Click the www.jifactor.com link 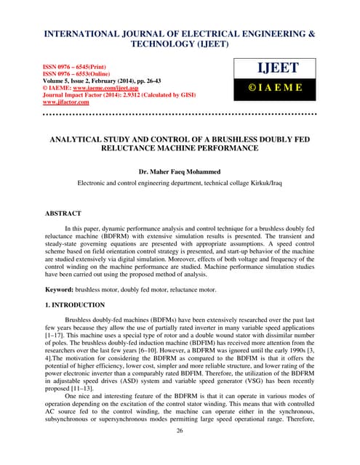tap(56, 102)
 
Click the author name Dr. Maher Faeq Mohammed tap(180, 172)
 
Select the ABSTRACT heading tap(45, 216)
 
